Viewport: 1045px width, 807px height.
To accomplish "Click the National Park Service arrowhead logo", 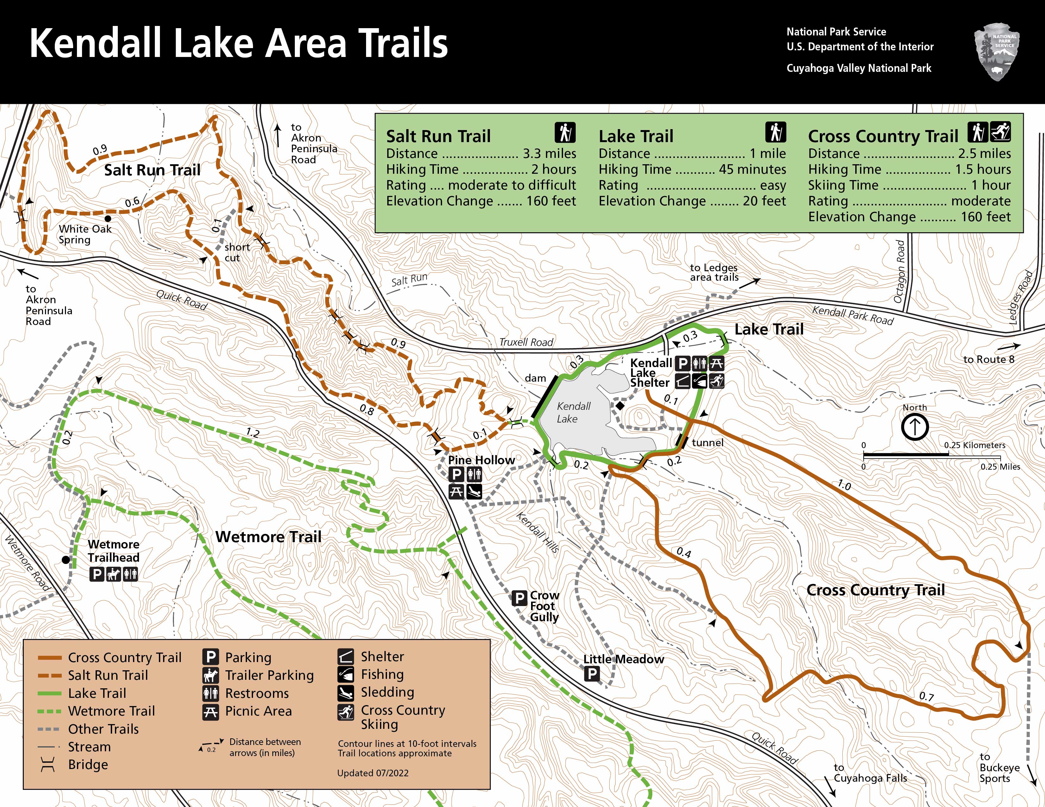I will pyautogui.click(x=997, y=52).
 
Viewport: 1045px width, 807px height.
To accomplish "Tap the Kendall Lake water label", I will pyautogui.click(x=573, y=412).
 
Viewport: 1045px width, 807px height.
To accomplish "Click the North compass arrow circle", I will pyautogui.click(x=915, y=427).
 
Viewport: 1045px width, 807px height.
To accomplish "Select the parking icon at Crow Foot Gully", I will pyautogui.click(x=519, y=597).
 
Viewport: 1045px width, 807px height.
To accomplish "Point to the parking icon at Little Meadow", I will pyautogui.click(x=592, y=674).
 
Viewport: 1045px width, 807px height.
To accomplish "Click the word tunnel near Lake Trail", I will pyautogui.click(x=707, y=443).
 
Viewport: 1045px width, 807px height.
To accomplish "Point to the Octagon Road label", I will pyautogui.click(x=900, y=272).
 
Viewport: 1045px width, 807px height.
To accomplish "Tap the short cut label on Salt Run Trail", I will pyautogui.click(x=237, y=253).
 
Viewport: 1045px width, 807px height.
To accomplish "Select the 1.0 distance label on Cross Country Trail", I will pyautogui.click(x=844, y=486).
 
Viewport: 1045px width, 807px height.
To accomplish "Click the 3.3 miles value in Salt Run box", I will pyautogui.click(x=549, y=153).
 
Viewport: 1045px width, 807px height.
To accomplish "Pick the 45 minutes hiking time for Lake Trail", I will pyautogui.click(x=752, y=169).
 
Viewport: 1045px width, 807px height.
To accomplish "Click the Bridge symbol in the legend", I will pyautogui.click(x=48, y=765).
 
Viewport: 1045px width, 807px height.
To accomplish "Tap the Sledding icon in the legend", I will pyautogui.click(x=345, y=692).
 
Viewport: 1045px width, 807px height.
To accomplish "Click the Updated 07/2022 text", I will pyautogui.click(x=372, y=773).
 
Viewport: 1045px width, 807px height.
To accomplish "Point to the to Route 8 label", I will pyautogui.click(x=989, y=359).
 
